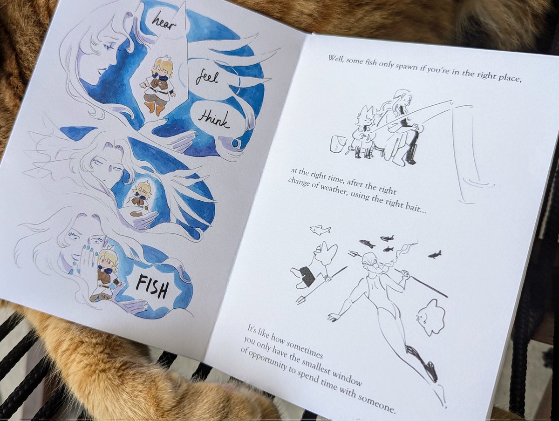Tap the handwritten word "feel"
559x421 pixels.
click(x=206, y=78)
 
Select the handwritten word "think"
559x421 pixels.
click(x=213, y=119)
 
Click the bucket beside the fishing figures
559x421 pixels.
click(x=338, y=143)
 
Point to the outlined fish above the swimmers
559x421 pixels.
click(x=320, y=230)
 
